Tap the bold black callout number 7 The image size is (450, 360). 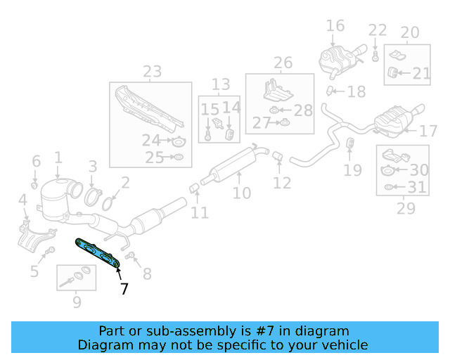124,288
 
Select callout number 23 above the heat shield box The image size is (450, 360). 152,72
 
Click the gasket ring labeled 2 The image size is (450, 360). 108,203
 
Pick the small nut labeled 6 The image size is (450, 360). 34,185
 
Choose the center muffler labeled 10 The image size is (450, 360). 234,166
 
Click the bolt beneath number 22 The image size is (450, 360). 375,56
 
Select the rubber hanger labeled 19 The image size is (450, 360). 350,143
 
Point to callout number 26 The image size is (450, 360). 283,63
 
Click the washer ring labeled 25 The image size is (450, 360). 179,157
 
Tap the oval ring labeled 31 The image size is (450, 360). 388,187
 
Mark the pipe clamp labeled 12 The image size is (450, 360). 278,156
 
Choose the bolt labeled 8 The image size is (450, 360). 130,255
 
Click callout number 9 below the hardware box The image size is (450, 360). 77,302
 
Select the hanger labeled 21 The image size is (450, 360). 392,72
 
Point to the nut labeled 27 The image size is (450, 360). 285,123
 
